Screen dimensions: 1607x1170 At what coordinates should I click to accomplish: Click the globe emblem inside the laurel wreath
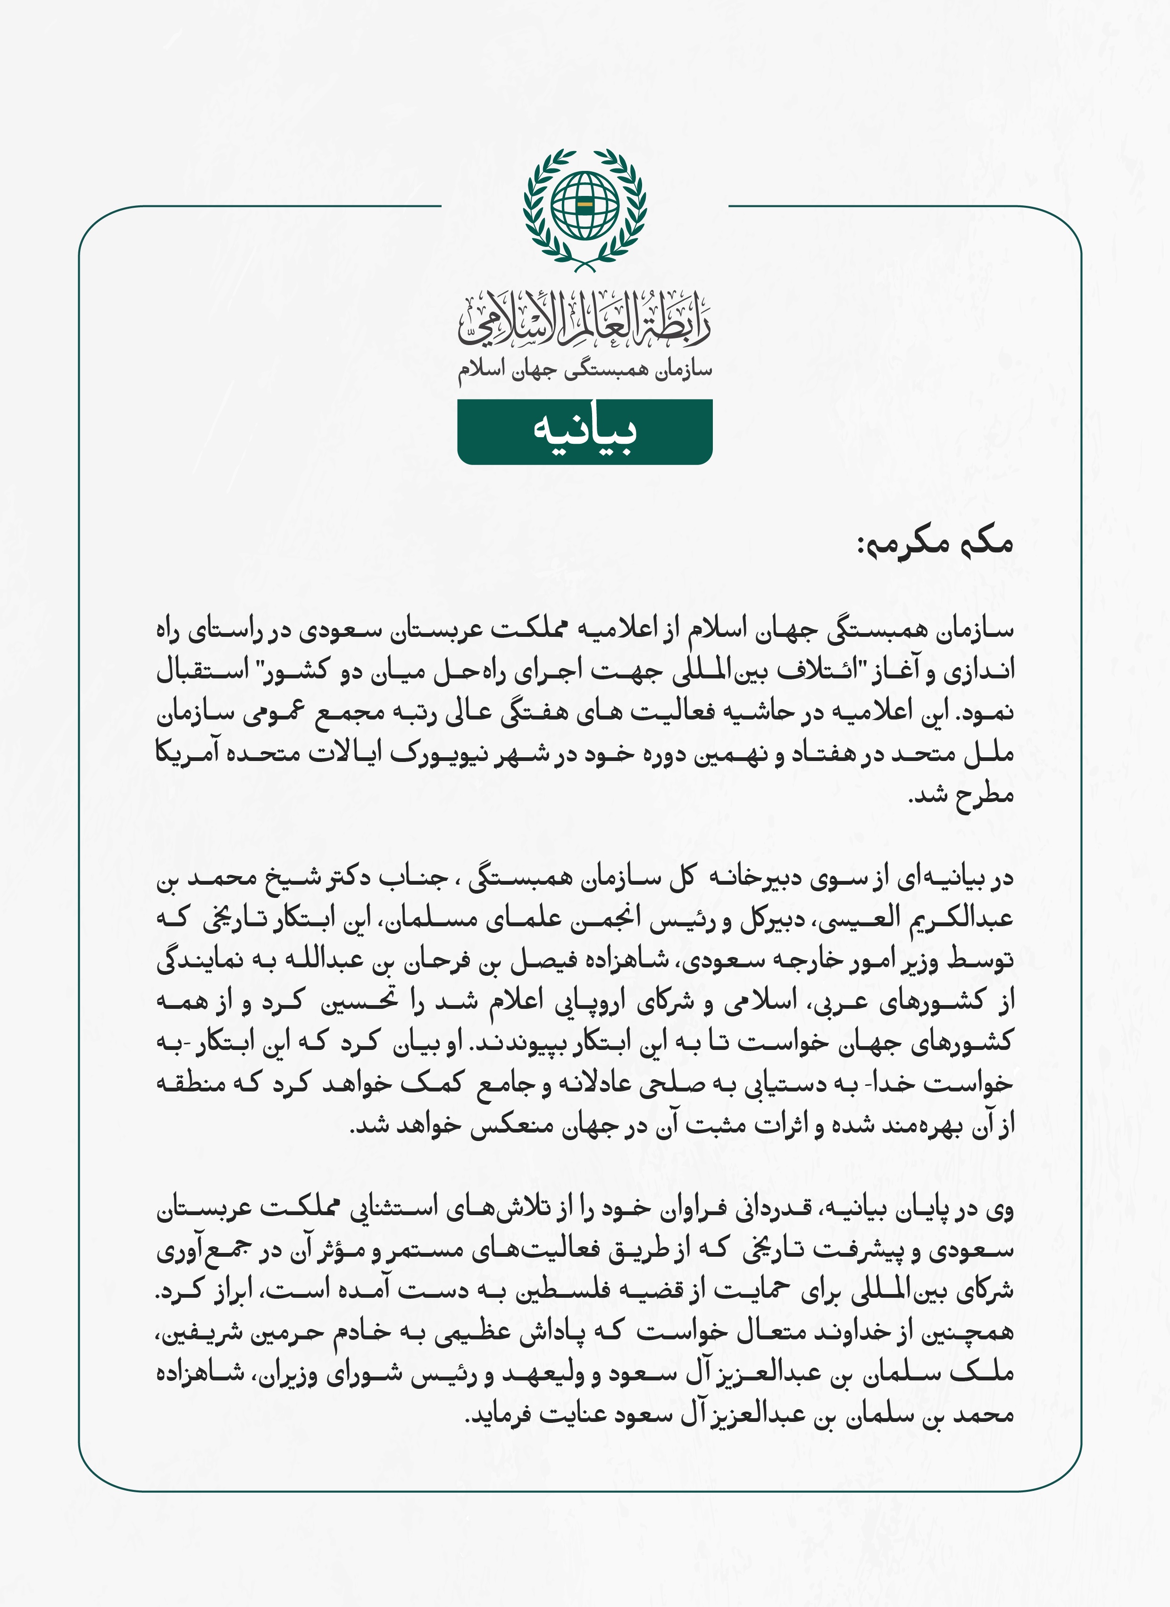click(x=585, y=206)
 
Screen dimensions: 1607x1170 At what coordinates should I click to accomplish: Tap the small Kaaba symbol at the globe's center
click(x=585, y=205)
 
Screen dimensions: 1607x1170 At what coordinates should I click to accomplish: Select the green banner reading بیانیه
click(x=585, y=431)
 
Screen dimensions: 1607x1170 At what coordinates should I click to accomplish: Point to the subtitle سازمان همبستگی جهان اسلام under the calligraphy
click(x=585, y=370)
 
